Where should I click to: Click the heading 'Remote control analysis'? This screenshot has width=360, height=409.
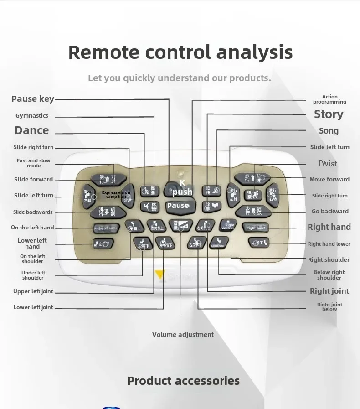(x=180, y=52)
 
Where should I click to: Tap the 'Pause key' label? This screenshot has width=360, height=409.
(x=32, y=99)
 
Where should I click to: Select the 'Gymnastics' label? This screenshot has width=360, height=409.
(x=32, y=116)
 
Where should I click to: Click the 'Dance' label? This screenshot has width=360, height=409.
(x=31, y=130)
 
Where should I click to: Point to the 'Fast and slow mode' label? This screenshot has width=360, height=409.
(x=34, y=163)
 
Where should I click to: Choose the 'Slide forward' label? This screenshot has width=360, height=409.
(x=33, y=180)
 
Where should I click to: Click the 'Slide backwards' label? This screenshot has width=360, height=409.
(x=33, y=212)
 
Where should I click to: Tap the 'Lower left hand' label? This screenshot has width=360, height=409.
(x=32, y=243)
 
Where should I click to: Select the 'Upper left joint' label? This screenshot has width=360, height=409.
(x=33, y=292)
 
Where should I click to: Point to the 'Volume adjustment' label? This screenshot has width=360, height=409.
(x=183, y=335)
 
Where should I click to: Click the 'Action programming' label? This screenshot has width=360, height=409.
(x=329, y=99)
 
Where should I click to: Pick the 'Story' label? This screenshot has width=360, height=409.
(x=329, y=114)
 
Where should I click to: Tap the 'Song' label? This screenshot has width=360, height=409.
(x=329, y=131)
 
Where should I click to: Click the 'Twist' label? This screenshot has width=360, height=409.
(x=328, y=163)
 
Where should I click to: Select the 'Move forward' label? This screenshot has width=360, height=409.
(x=329, y=180)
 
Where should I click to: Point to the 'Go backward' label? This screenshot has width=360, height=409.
(x=330, y=212)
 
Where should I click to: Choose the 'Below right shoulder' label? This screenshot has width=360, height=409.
(x=329, y=275)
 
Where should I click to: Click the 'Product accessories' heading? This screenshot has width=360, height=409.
(x=183, y=381)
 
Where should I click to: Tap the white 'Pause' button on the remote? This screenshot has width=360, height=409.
(x=178, y=206)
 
